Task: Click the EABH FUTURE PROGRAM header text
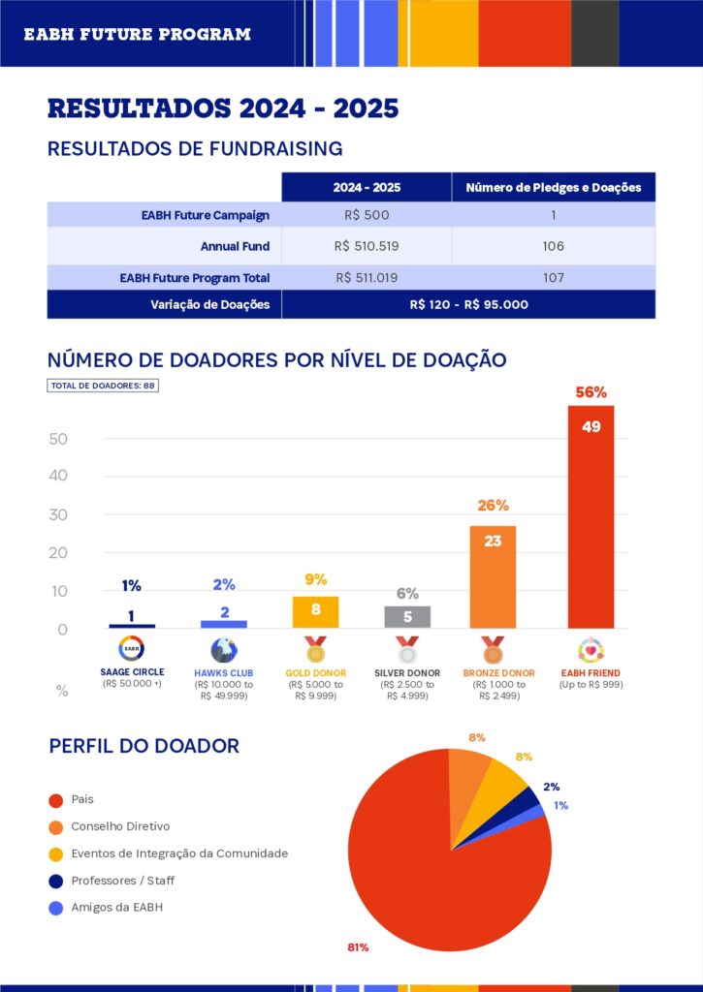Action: (x=137, y=34)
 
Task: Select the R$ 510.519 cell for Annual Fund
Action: (x=367, y=246)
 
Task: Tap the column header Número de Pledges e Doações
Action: (x=553, y=187)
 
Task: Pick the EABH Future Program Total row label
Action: (x=194, y=278)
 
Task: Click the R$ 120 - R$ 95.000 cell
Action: (x=468, y=304)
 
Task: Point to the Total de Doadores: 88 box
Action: (x=102, y=386)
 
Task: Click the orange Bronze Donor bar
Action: (x=493, y=577)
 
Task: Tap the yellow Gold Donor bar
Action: (x=315, y=612)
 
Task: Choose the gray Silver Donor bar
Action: (x=407, y=617)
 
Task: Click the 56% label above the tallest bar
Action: (x=591, y=392)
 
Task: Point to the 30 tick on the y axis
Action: (x=58, y=514)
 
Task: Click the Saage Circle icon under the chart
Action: (x=132, y=649)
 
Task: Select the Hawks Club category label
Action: (x=224, y=672)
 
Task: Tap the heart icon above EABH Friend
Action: (x=591, y=649)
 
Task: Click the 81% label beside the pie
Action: (x=358, y=946)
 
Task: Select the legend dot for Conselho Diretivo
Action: (x=56, y=826)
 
